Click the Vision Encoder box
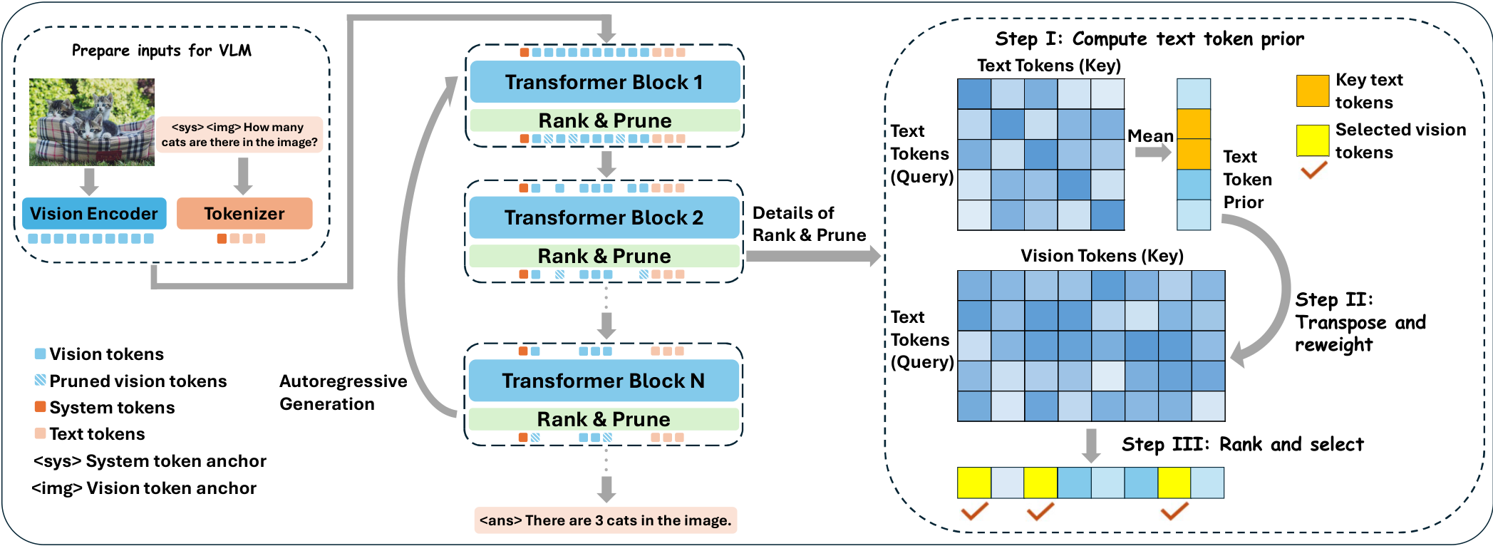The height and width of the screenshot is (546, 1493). tap(94, 214)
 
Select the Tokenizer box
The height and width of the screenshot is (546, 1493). tap(244, 214)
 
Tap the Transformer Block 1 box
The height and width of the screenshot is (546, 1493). tap(604, 82)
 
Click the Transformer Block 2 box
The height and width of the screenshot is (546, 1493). tap(604, 217)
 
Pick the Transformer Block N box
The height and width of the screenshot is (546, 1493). tap(604, 381)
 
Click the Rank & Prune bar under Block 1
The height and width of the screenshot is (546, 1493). tap(604, 120)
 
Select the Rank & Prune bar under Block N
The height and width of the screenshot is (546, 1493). tap(604, 419)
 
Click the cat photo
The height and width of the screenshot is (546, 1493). tap(92, 122)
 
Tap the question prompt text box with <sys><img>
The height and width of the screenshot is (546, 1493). tap(239, 135)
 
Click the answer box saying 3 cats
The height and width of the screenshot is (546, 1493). tap(605, 520)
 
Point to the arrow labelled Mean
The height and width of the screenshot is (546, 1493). tap(1152, 153)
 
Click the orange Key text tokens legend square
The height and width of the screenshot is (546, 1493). tap(1313, 91)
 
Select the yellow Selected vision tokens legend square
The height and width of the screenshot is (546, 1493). tap(1313, 140)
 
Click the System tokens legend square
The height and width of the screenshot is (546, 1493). tap(41, 407)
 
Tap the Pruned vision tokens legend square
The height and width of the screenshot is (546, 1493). tap(41, 381)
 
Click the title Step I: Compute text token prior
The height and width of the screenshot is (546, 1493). tap(1150, 38)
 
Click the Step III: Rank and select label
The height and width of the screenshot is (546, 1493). tap(1242, 445)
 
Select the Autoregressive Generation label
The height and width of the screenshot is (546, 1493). tap(343, 393)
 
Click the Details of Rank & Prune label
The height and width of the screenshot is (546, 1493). tap(809, 224)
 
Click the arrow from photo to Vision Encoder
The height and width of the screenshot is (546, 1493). tap(89, 181)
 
